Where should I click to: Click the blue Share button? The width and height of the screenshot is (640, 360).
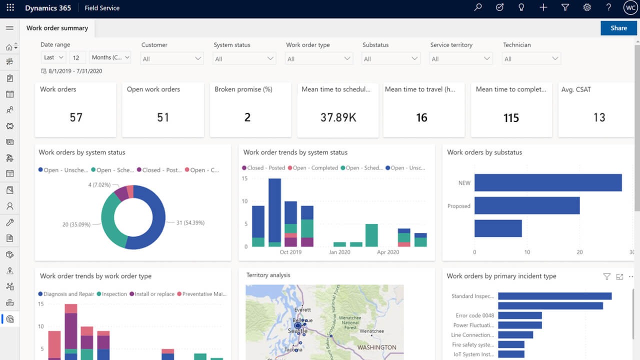coord(618,28)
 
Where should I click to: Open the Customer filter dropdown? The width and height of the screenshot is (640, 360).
coord(172,59)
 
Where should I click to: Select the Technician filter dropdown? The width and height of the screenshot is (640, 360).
coord(531,59)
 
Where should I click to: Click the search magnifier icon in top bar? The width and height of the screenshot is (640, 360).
coord(478,7)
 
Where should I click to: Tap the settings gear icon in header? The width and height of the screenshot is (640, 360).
coord(587,7)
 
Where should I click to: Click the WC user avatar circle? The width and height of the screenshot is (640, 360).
coord(630,7)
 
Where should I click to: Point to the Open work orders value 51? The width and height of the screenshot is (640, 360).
coord(163,117)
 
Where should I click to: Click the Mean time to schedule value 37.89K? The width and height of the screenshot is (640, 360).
coord(338,117)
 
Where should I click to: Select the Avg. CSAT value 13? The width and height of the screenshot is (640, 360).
coord(599,117)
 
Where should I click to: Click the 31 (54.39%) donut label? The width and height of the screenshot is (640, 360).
coord(190,222)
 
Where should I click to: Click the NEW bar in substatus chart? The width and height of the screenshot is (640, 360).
coord(548,182)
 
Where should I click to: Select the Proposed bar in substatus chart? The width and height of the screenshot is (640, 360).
coord(527,205)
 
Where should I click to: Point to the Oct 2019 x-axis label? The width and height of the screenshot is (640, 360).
coord(290,252)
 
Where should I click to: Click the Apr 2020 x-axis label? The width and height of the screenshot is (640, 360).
coord(387,252)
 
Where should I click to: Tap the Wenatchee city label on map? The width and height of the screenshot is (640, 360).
coord(371,331)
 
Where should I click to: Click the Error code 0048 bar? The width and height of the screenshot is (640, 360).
coord(520,315)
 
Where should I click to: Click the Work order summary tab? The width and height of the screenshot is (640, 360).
coord(57,28)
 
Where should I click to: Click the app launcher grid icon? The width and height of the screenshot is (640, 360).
coord(10,8)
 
